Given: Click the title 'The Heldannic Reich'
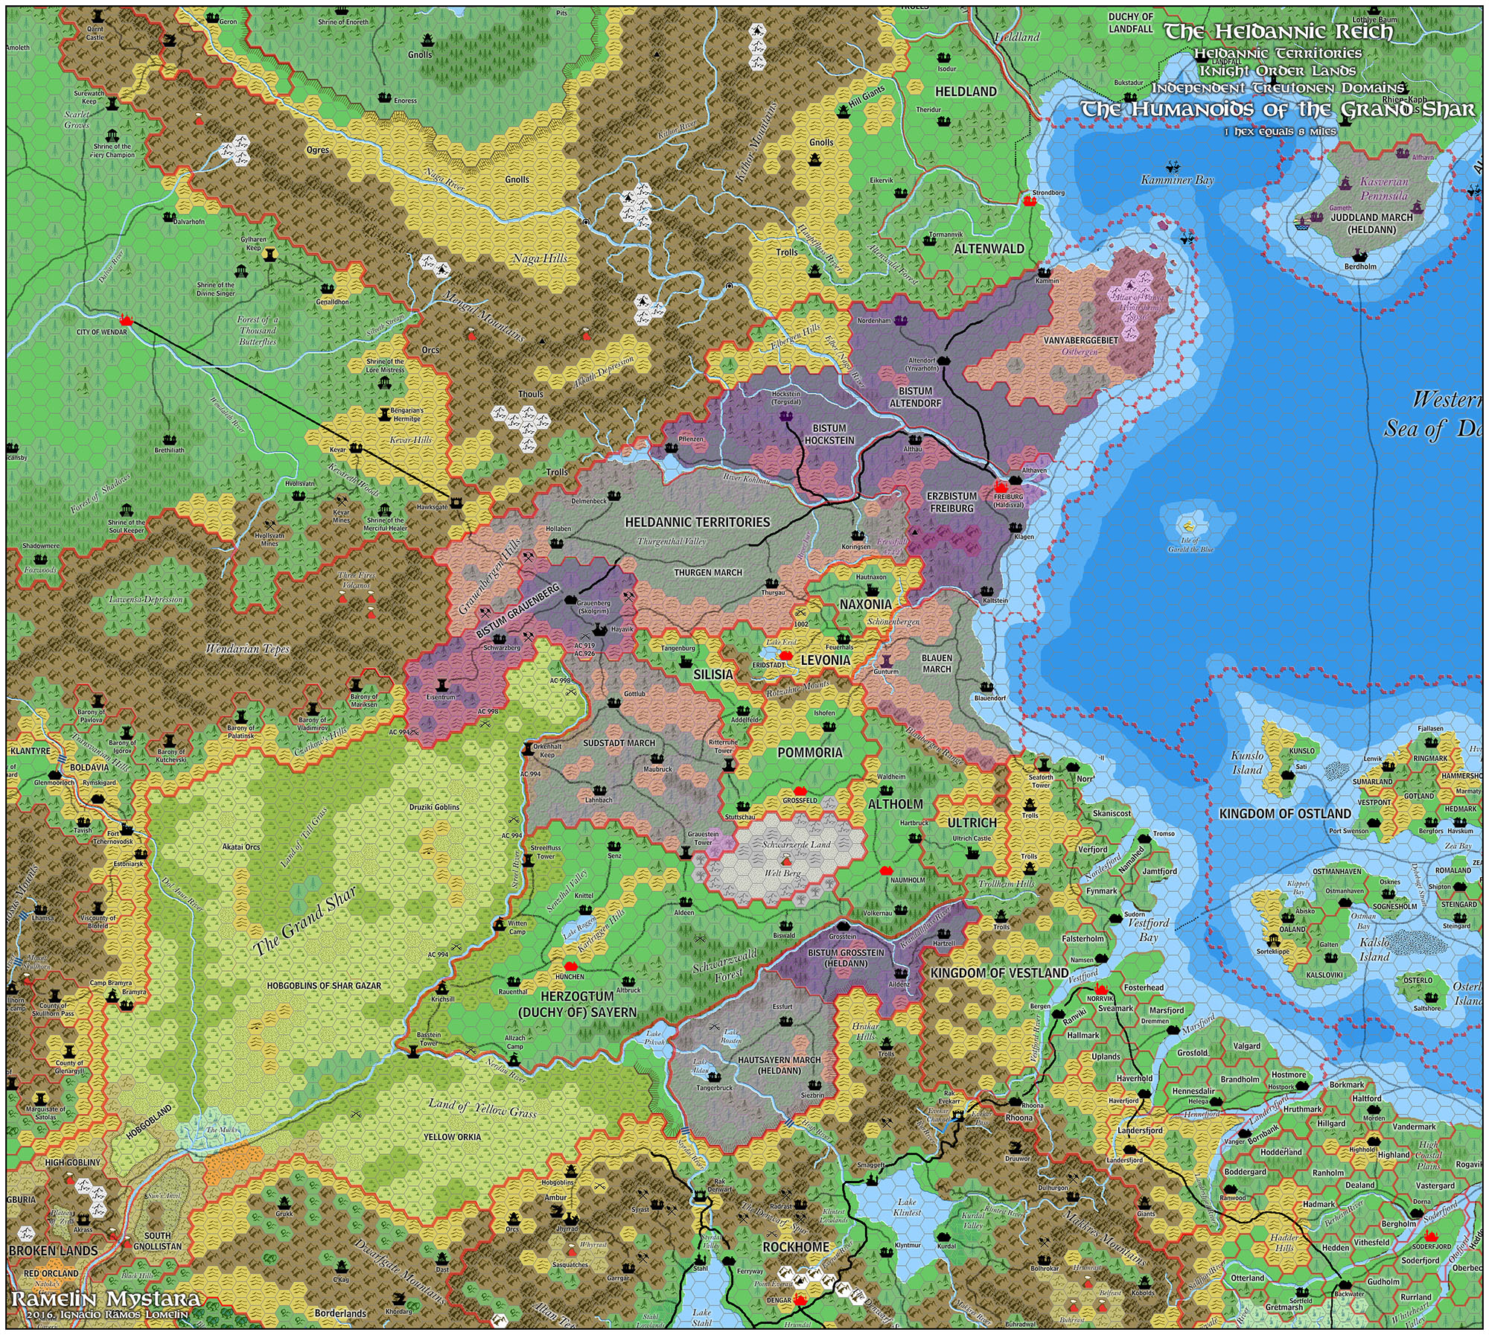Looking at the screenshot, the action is [x=1278, y=31].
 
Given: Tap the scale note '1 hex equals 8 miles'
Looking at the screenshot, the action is [x=1280, y=132].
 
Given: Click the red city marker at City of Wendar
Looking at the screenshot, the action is [x=126, y=320].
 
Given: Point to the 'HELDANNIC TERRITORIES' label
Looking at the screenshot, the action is [x=697, y=523].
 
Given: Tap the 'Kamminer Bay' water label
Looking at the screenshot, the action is [x=1177, y=179].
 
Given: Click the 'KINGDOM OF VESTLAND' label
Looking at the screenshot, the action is [x=999, y=973].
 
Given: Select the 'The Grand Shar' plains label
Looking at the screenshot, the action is [x=305, y=922].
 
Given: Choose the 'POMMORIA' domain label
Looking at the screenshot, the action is [x=810, y=753].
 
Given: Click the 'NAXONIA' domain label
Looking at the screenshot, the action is [x=865, y=605].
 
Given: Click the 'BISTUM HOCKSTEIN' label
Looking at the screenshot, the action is [x=829, y=434].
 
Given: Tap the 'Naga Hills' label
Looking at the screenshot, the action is [x=540, y=258].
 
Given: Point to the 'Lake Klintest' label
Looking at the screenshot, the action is [x=907, y=1207].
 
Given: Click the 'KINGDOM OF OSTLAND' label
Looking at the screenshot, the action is [x=1284, y=814].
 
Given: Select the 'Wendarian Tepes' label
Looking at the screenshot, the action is [x=247, y=649].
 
